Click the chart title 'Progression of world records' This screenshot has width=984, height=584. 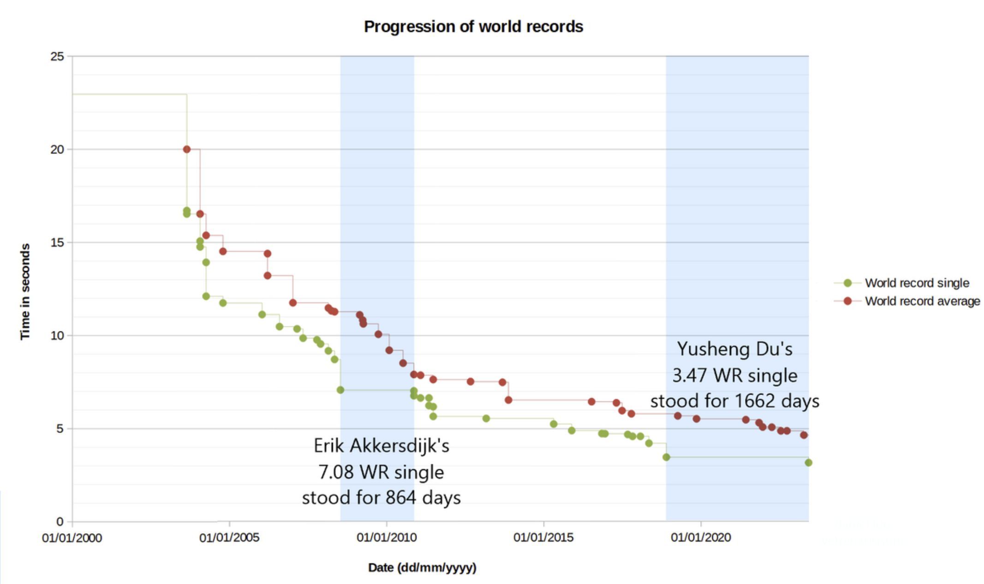pos(473,27)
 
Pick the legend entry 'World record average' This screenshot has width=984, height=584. pos(922,301)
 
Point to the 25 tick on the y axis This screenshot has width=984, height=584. pos(57,56)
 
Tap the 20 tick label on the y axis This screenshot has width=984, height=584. pos(57,149)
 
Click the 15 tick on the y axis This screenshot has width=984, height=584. pos(57,242)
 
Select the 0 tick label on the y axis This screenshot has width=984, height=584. pos(60,521)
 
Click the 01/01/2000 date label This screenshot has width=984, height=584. pos(72,537)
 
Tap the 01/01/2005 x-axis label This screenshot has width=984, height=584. pos(229,537)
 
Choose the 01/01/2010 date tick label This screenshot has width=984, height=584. pos(387,537)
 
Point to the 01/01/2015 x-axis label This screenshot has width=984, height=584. pos(543,537)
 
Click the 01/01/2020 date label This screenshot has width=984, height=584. pos(701,537)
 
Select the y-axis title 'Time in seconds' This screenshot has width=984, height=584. pos(25,292)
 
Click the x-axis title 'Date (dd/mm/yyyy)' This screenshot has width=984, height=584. pos(422,567)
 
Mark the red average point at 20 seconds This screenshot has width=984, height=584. pos(187,149)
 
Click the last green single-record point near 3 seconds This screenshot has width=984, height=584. pos(808,462)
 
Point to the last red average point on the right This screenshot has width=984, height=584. pos(804,435)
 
